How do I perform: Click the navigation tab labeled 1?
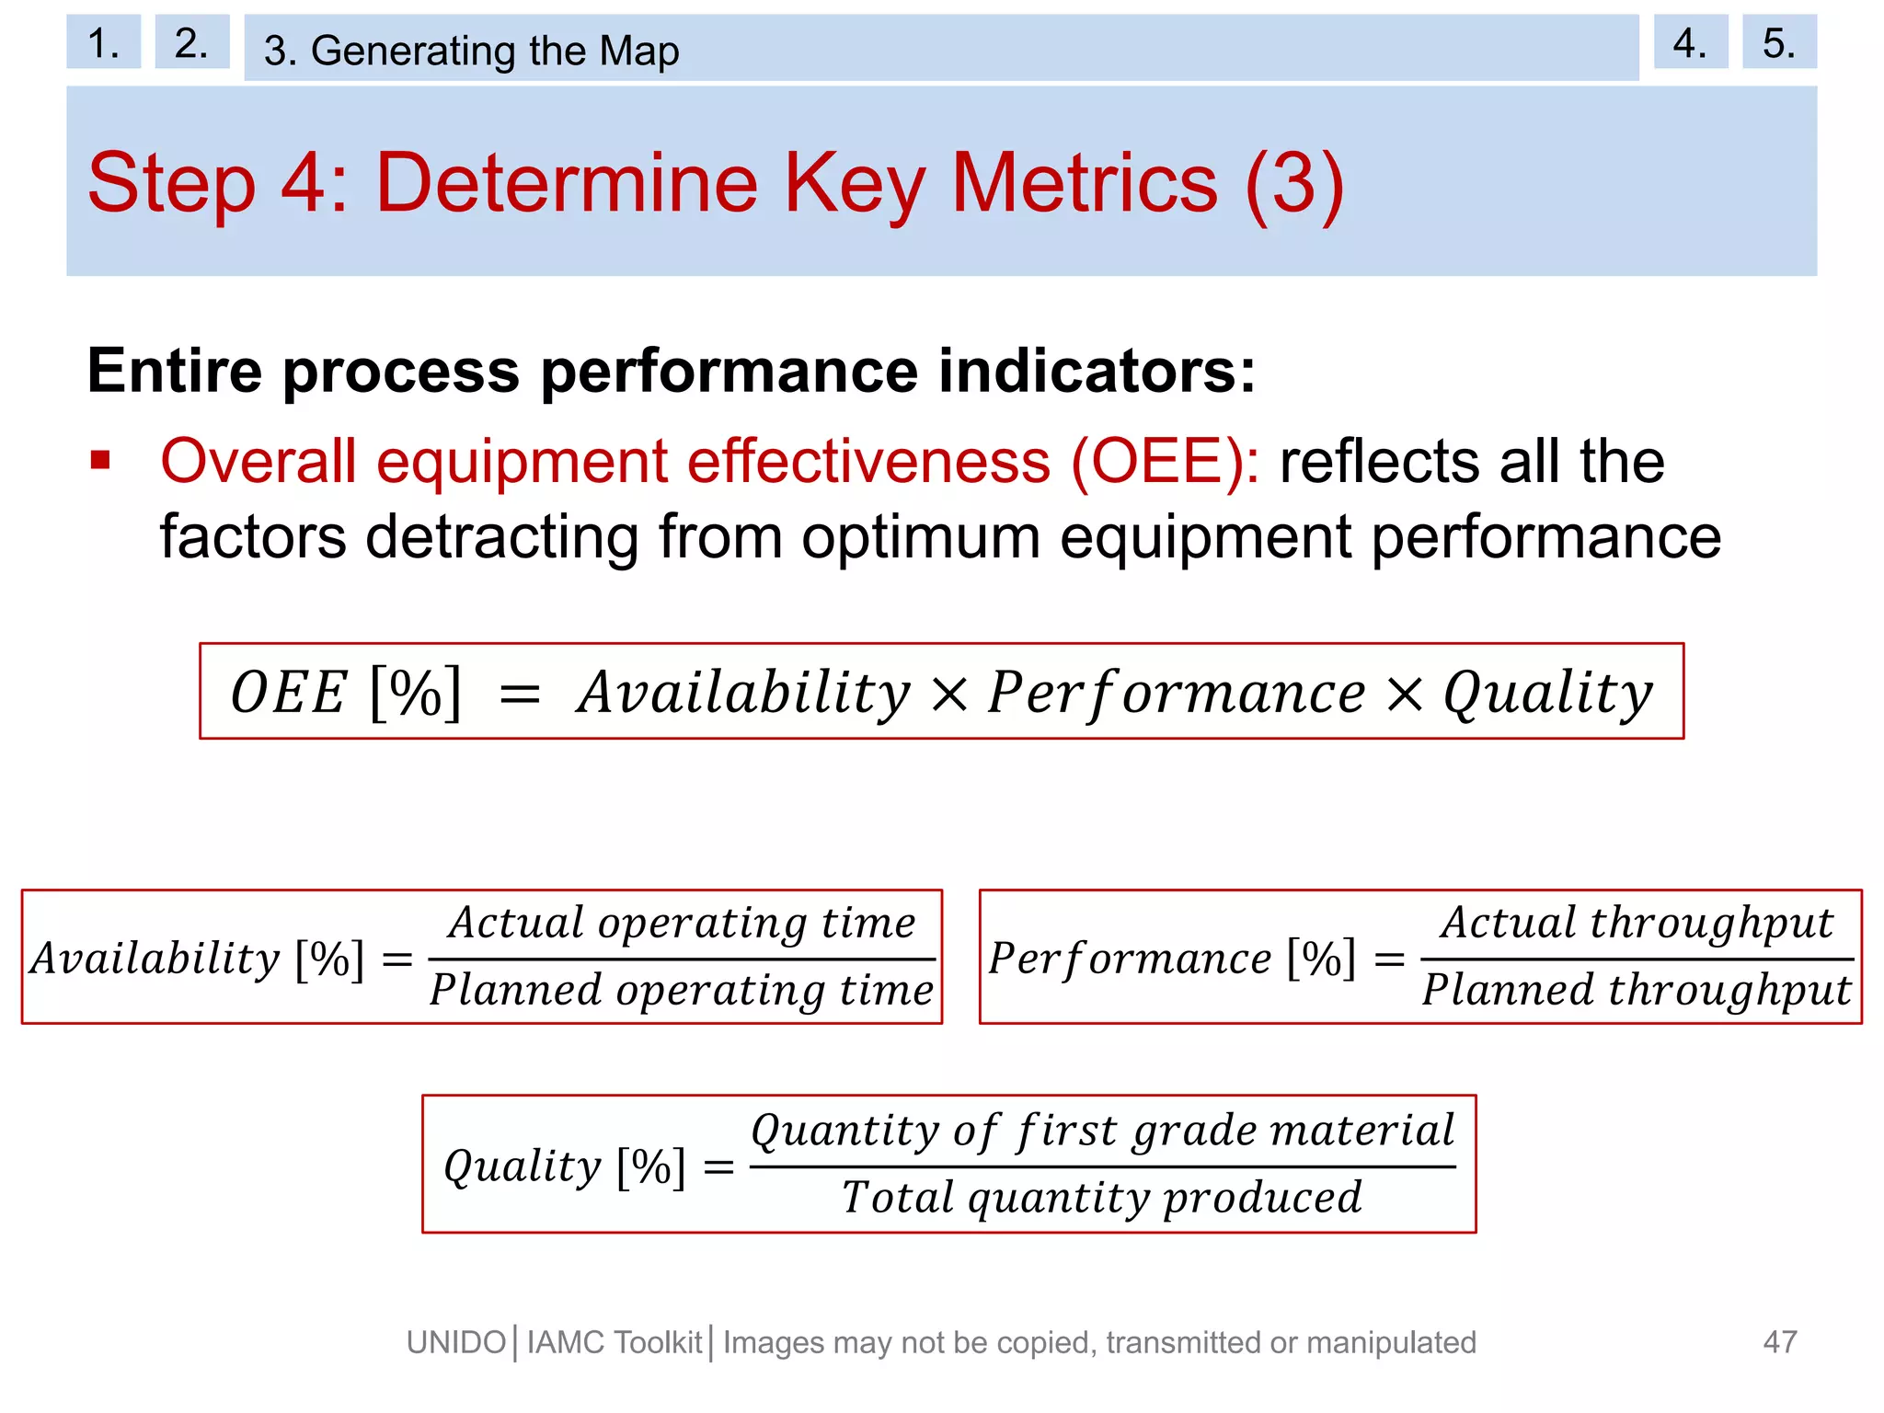(103, 42)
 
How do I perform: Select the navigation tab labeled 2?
(191, 42)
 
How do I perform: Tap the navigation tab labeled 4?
(1690, 42)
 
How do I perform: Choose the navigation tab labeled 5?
(1778, 42)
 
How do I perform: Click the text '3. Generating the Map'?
(471, 51)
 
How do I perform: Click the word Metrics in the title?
(1084, 183)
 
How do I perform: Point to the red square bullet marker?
(100, 460)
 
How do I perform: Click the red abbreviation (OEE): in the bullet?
(1165, 461)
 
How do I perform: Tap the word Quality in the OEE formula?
(1547, 694)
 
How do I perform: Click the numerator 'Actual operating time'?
(682, 922)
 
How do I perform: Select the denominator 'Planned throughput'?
(1637, 991)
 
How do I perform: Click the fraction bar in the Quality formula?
(1102, 1166)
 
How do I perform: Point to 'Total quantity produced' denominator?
(1102, 1198)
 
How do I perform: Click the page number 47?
(1779, 1342)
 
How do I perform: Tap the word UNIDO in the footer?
(456, 1343)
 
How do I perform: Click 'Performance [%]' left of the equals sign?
(1171, 959)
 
